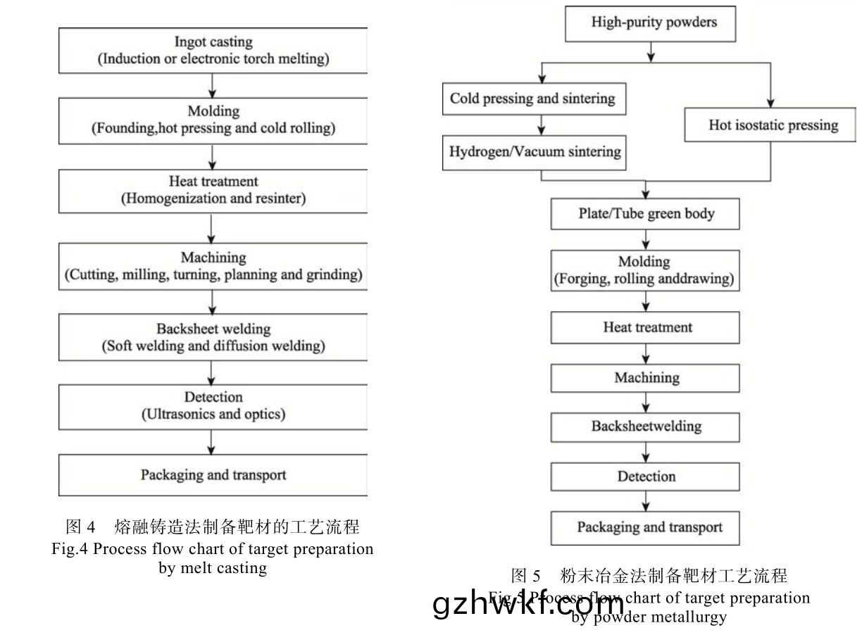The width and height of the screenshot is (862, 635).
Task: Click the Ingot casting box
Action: tap(213, 50)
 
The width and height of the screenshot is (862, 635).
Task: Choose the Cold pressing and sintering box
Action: tap(532, 99)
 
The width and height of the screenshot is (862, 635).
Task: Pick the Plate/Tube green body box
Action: tap(646, 213)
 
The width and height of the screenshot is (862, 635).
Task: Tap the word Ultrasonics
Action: tap(177, 414)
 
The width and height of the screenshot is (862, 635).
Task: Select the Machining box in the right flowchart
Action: tap(646, 378)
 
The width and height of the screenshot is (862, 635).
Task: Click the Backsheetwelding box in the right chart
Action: tap(646, 427)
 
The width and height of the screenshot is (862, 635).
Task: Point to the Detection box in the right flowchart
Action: tap(646, 477)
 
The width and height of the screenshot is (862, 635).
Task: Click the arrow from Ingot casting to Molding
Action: tap(213, 85)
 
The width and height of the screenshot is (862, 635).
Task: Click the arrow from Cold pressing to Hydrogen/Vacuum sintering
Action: tap(541, 125)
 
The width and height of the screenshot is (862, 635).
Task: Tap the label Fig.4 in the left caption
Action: tap(70, 549)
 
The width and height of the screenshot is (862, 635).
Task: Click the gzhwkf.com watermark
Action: tap(529, 605)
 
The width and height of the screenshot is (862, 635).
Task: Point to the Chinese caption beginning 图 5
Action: tap(649, 576)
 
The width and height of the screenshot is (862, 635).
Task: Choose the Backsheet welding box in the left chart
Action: tap(213, 337)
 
